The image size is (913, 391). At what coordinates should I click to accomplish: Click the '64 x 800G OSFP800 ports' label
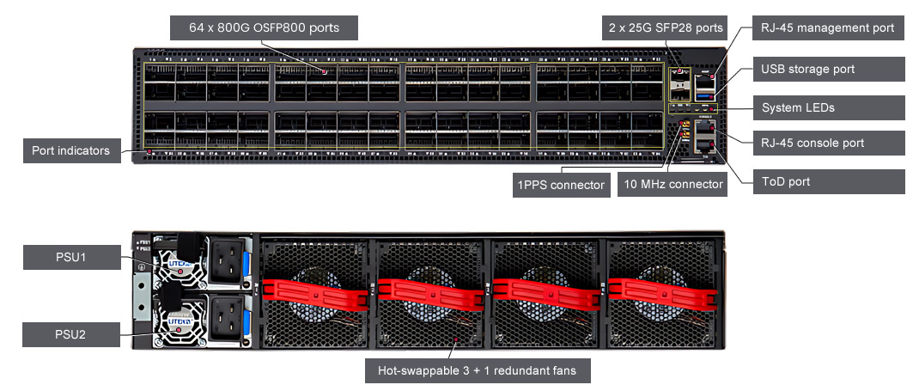tap(264, 28)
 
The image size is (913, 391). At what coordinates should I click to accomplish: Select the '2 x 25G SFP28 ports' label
tap(664, 28)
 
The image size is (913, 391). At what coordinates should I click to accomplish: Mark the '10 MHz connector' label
tap(672, 185)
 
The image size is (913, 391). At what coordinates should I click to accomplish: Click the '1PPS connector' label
tap(560, 185)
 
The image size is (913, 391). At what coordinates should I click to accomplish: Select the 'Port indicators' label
tap(70, 150)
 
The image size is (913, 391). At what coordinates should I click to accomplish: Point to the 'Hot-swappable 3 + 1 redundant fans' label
tap(477, 371)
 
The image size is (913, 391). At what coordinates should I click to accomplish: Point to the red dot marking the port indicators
tap(149, 152)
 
